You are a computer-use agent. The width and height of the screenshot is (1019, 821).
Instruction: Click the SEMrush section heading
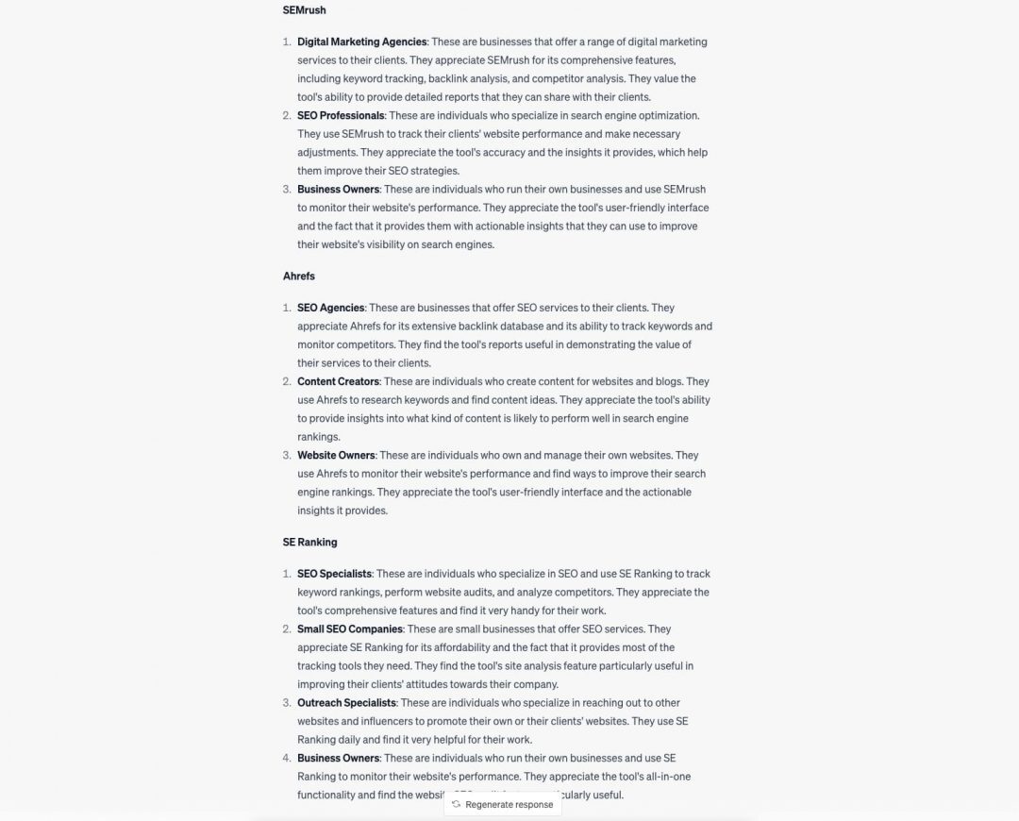305,10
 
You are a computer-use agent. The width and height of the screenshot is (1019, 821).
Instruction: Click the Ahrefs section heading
299,276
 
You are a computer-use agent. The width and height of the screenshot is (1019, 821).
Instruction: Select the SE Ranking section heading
309,543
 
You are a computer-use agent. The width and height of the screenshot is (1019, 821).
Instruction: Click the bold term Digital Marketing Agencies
362,42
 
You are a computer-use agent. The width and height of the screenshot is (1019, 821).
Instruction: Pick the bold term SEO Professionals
341,116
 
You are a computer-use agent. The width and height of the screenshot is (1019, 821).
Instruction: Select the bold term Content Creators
338,382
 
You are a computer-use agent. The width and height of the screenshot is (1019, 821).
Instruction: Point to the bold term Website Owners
336,456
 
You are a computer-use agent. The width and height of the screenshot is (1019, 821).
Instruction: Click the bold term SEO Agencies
330,309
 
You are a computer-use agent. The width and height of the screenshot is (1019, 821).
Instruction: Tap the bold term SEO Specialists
334,575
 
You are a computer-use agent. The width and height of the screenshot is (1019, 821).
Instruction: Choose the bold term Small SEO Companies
350,629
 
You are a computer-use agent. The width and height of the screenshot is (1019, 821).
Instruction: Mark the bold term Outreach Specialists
346,703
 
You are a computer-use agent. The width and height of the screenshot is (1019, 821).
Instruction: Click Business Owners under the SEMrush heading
338,190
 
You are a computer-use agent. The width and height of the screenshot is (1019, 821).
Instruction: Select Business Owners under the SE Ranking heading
338,759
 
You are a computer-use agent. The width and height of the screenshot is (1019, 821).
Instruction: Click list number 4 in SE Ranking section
287,759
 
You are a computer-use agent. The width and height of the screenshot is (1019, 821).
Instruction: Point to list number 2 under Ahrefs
287,382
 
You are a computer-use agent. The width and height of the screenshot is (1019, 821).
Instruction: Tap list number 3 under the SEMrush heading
287,190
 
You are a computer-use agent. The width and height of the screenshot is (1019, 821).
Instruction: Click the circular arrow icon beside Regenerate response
457,805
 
